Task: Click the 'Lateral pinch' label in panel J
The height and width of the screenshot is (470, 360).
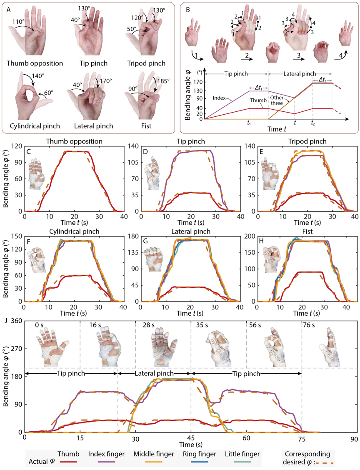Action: [x=154, y=373]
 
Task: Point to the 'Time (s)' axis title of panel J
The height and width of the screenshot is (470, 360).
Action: [x=189, y=445]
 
